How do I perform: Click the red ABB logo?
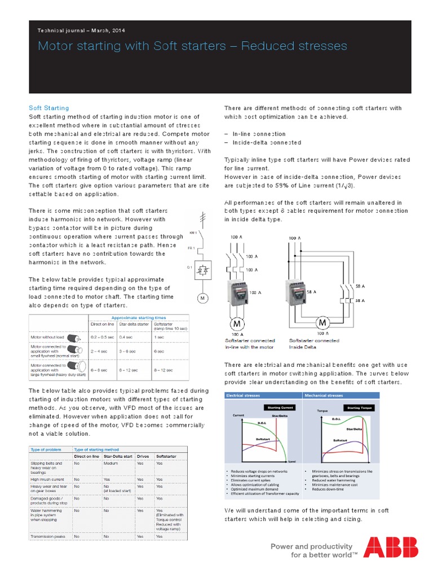(x=390, y=548)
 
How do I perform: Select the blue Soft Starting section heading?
(x=48, y=108)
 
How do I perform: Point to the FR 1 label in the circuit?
(x=191, y=248)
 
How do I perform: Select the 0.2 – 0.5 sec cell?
(x=101, y=336)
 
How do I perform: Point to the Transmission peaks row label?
(x=47, y=536)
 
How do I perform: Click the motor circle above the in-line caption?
(x=236, y=324)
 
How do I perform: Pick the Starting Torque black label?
(x=361, y=408)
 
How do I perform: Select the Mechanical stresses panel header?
(x=324, y=396)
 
